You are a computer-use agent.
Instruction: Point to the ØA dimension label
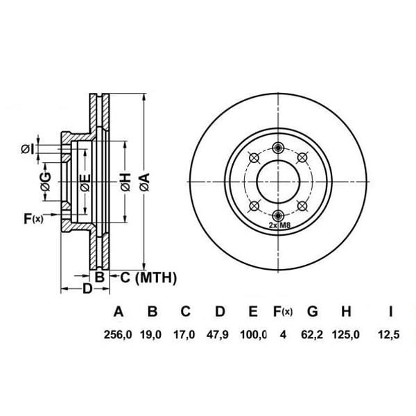(x=145, y=182)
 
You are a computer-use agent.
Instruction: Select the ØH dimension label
(x=125, y=182)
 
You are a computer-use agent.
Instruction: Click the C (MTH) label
(x=149, y=278)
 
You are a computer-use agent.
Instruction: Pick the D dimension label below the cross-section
(x=87, y=288)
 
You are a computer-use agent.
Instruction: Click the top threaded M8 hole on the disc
(x=279, y=146)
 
